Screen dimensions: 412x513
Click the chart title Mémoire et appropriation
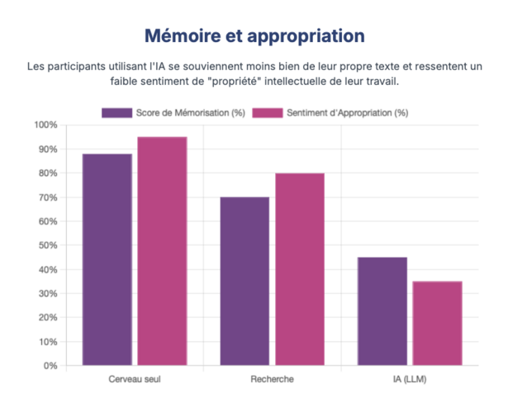254,36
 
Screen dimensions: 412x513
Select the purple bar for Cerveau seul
107,259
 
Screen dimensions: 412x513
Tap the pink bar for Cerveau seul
162,251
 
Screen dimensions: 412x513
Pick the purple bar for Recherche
245,281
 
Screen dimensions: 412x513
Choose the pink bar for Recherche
300,269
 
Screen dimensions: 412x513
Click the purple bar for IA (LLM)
382,311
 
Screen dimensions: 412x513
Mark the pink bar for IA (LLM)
437,323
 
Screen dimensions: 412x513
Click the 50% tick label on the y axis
47,245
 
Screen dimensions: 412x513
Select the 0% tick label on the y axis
50,366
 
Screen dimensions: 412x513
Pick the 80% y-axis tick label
47,173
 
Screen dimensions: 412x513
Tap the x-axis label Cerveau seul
134,379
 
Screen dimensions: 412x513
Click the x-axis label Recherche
272,379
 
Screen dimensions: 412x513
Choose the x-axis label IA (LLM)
410,379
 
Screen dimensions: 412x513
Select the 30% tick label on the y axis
47,294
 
